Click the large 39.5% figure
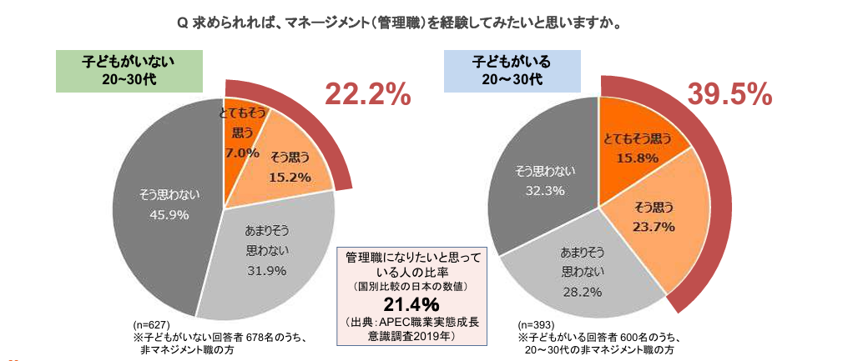pos(728,95)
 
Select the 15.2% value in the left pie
pos(290,177)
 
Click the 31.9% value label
pos(266,269)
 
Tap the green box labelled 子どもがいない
pos(129,71)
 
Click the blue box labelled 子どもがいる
pos(512,71)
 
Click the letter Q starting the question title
pos(184,23)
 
